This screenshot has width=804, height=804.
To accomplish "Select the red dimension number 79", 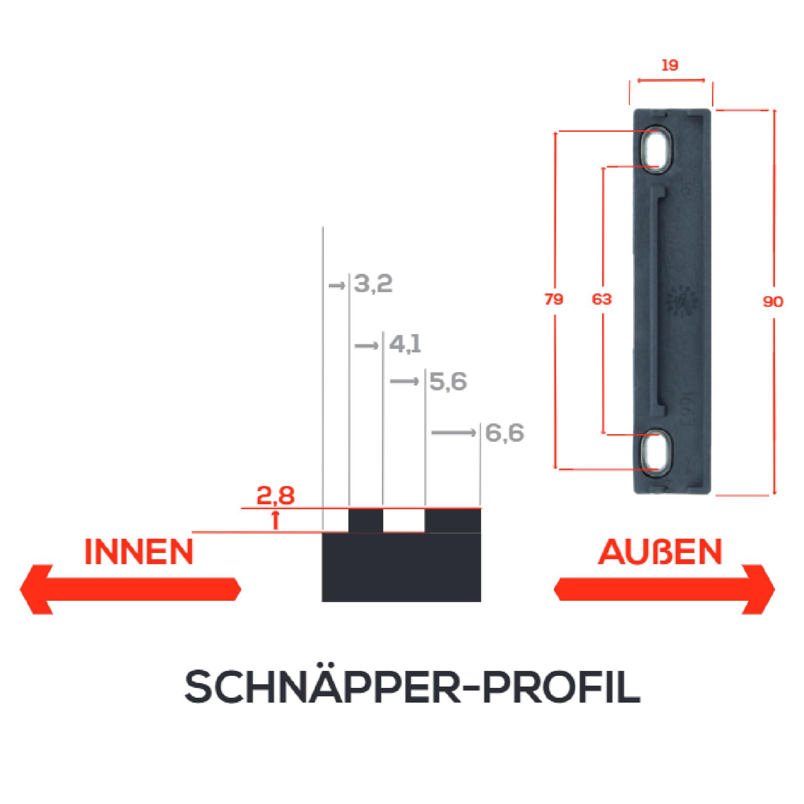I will [x=554, y=299].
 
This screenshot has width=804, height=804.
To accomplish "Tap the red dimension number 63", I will [x=602, y=299].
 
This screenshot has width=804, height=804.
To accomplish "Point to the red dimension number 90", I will [x=773, y=302].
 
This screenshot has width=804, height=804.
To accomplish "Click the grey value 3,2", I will [x=373, y=285].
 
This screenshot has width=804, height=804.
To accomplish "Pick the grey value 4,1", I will [x=405, y=344].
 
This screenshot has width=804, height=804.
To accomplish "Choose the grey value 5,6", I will [x=448, y=382].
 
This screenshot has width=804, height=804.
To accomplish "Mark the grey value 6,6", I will [x=504, y=433].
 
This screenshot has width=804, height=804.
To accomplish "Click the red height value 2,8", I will [x=275, y=496].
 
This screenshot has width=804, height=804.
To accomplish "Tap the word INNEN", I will [x=138, y=552].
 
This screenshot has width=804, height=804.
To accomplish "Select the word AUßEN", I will [x=660, y=552].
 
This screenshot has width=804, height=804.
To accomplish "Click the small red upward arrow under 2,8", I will [x=276, y=520].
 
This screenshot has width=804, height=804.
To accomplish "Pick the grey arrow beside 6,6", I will [x=453, y=433].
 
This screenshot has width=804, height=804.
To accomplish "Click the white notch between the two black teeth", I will [x=404, y=521].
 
